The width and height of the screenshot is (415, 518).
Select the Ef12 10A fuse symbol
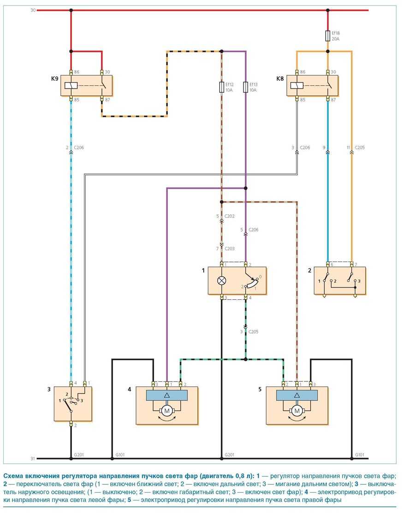click(222, 87)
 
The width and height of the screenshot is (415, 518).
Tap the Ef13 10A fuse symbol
click(246, 87)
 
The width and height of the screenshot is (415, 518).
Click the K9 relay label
click(54, 79)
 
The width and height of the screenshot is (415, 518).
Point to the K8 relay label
click(279, 79)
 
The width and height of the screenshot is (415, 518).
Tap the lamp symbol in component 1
click(222, 280)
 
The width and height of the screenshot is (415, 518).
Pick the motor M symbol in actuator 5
click(297, 411)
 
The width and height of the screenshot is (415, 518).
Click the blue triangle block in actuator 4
click(167, 395)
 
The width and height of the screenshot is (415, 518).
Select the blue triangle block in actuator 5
click(297, 395)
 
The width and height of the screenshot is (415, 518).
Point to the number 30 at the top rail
click(33, 10)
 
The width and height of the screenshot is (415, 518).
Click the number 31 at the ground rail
click(33, 458)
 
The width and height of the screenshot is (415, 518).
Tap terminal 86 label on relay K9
click(77, 72)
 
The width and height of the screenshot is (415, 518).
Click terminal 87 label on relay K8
click(334, 99)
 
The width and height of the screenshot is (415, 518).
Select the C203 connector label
click(230, 249)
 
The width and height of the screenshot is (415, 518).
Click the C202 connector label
click(230, 216)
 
